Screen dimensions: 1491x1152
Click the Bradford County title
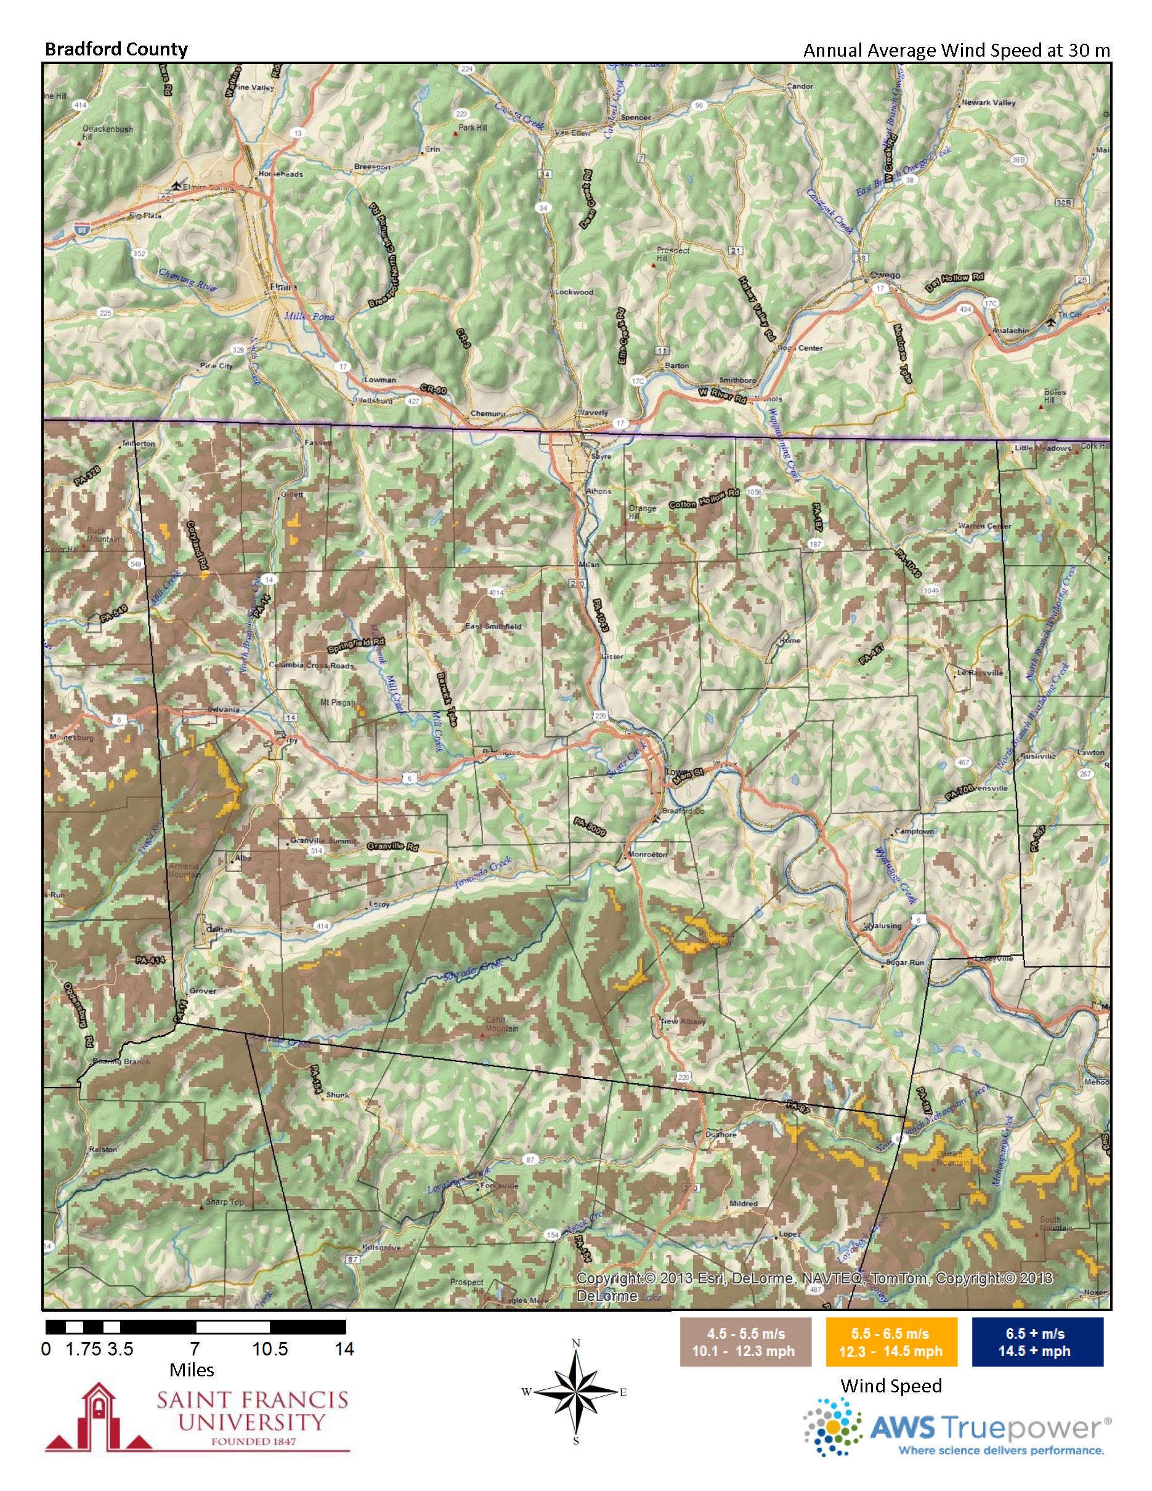pyautogui.click(x=116, y=49)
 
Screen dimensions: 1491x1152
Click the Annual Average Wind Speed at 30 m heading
pyautogui.click(x=956, y=51)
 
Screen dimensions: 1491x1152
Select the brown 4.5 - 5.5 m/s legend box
pyautogui.click(x=745, y=1342)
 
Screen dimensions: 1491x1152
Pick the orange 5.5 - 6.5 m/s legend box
pyautogui.click(x=891, y=1342)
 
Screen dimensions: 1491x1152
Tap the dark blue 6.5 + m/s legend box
pyautogui.click(x=1037, y=1342)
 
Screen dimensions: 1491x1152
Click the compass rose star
pyautogui.click(x=575, y=1392)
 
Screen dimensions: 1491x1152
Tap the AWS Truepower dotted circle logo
pyautogui.click(x=833, y=1426)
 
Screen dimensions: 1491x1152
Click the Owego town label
pyautogui.click(x=885, y=275)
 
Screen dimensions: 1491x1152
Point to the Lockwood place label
pyautogui.click(x=574, y=292)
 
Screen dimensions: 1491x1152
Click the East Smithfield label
pyautogui.click(x=493, y=626)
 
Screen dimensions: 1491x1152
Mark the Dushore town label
pyautogui.click(x=721, y=1135)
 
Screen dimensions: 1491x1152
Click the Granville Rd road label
pyautogui.click(x=392, y=847)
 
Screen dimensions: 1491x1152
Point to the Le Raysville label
pyautogui.click(x=980, y=672)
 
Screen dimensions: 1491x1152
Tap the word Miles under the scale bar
pyautogui.click(x=192, y=1370)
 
